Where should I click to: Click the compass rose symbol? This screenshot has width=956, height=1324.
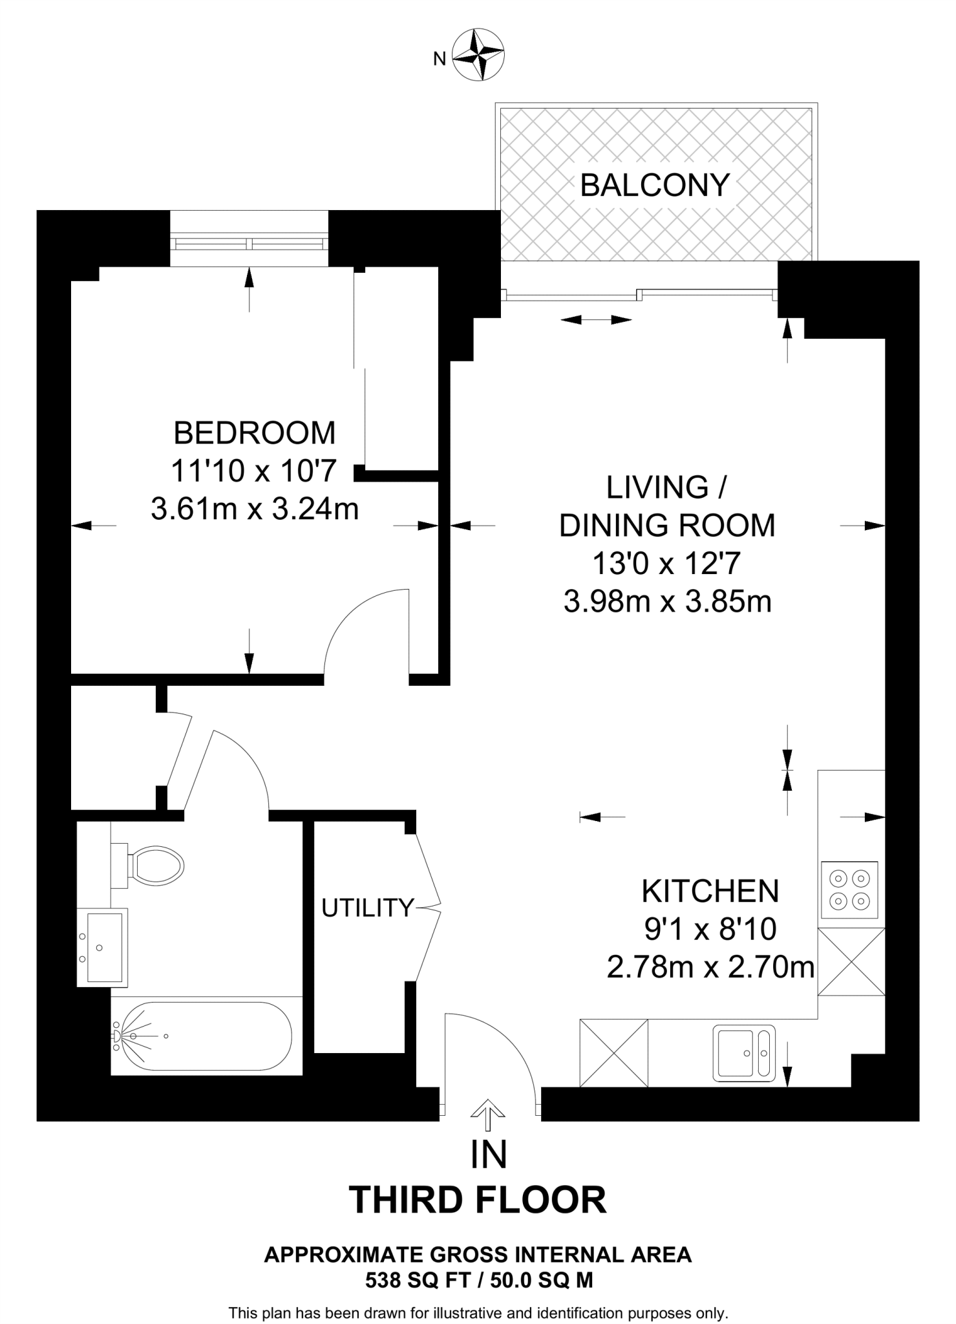click(x=478, y=54)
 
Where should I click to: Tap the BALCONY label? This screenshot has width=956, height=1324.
click(x=655, y=186)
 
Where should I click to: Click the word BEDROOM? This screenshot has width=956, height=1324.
click(x=255, y=433)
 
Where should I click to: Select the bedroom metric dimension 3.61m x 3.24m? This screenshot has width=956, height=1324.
click(x=255, y=509)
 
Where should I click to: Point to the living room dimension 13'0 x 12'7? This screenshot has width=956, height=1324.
click(x=666, y=564)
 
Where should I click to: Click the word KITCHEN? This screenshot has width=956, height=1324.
click(x=710, y=892)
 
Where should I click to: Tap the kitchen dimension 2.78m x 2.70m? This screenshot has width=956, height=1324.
click(x=710, y=968)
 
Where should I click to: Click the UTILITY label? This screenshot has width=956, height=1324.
click(x=367, y=908)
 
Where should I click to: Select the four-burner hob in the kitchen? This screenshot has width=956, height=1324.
click(x=849, y=890)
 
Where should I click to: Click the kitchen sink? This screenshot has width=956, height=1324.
click(x=744, y=1053)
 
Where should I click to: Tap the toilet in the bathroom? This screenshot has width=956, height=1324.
click(x=147, y=864)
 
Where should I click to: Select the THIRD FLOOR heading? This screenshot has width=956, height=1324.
click(x=478, y=1200)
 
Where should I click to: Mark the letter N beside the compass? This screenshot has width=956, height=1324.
click(x=440, y=59)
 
